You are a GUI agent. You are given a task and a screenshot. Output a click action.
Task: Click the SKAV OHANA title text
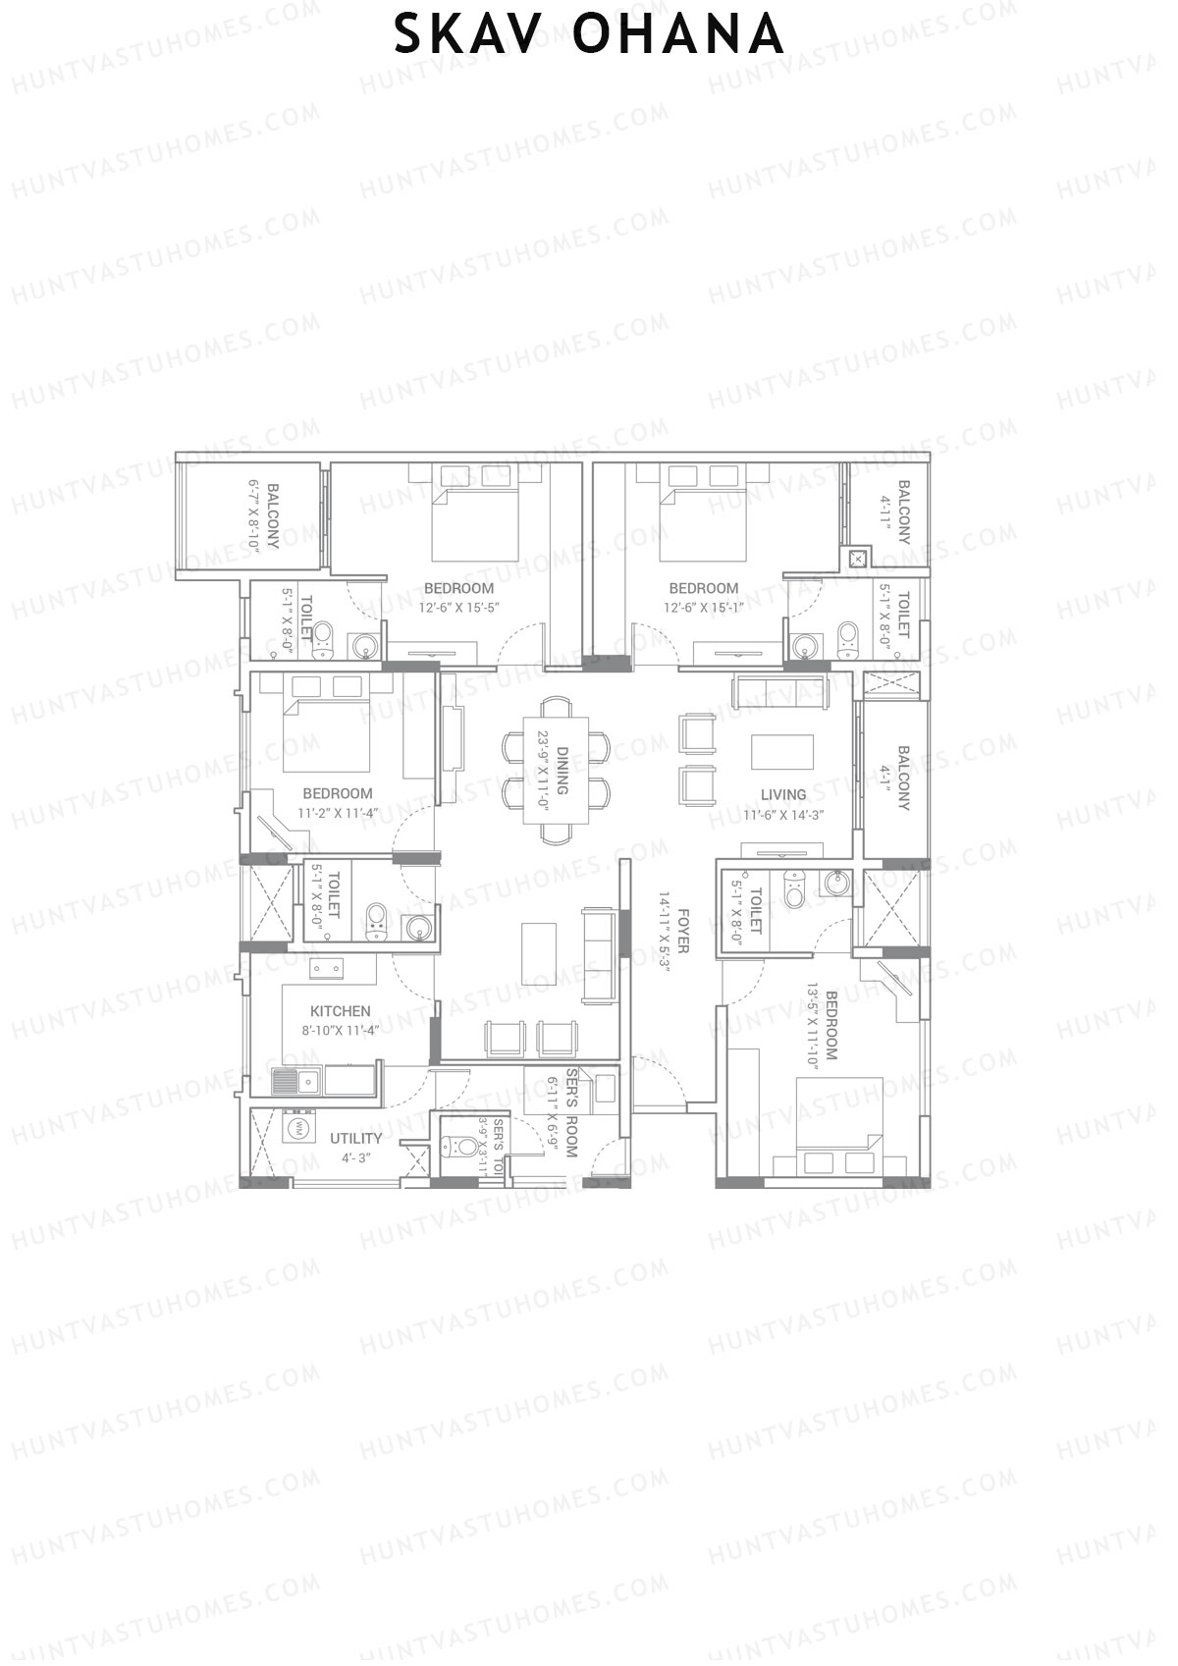pyautogui.click(x=589, y=36)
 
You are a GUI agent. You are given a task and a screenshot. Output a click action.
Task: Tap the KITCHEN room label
pyautogui.click(x=340, y=1010)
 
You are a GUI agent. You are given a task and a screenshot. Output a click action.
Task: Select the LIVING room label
pyautogui.click(x=782, y=794)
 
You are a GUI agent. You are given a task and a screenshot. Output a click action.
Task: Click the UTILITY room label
pyautogui.click(x=355, y=1138)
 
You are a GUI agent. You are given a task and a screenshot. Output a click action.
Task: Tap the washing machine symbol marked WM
pyautogui.click(x=295, y=1128)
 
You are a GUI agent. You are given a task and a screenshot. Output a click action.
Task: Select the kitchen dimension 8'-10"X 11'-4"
pyautogui.click(x=339, y=1029)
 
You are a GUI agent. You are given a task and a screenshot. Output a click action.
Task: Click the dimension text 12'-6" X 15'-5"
pyautogui.click(x=458, y=607)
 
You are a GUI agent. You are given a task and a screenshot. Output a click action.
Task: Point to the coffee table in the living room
pyautogui.click(x=782, y=752)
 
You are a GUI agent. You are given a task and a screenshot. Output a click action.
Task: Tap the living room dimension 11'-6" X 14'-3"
pyautogui.click(x=782, y=814)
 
